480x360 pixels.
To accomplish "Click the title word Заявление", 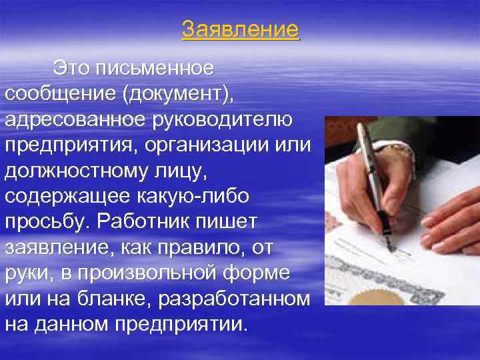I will pos(241,30).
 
